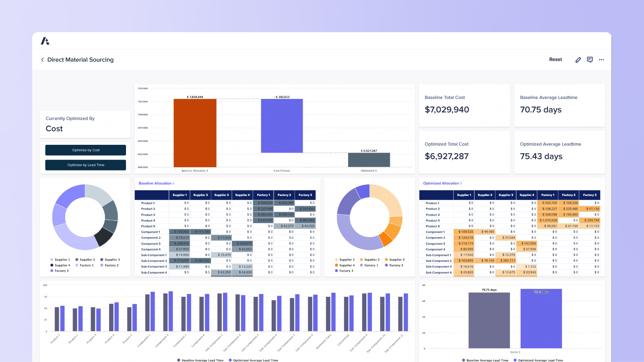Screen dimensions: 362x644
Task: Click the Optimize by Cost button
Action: tap(85, 150)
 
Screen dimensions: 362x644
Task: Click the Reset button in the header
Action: tap(555, 60)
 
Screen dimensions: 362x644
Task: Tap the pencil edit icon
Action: tap(578, 60)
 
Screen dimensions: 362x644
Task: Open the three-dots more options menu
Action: tap(601, 60)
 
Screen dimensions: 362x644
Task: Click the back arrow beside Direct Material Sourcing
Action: tap(42, 60)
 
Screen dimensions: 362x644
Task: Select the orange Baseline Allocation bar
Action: tap(195, 133)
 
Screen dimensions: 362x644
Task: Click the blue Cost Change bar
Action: tap(282, 126)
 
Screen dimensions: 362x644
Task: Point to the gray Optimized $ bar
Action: tap(369, 160)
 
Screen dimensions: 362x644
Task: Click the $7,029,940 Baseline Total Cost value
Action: tap(447, 110)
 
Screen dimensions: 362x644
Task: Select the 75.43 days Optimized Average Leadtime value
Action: tap(541, 156)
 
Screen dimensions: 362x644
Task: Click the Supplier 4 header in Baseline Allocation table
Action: tap(242, 195)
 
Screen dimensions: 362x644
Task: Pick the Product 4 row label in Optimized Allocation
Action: tap(433, 220)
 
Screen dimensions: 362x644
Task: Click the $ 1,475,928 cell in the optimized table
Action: tap(548, 220)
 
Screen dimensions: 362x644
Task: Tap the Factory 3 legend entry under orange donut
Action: tap(345, 271)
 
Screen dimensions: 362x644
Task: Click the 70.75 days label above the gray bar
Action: tap(489, 290)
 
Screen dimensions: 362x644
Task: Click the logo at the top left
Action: tap(45, 41)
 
